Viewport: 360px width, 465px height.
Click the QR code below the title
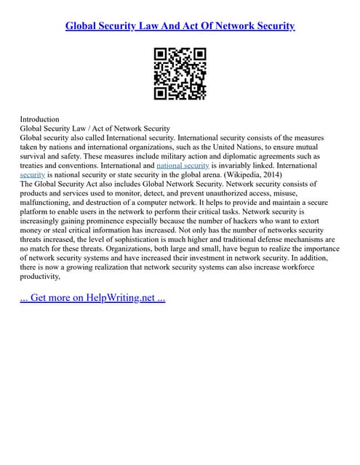180,73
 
